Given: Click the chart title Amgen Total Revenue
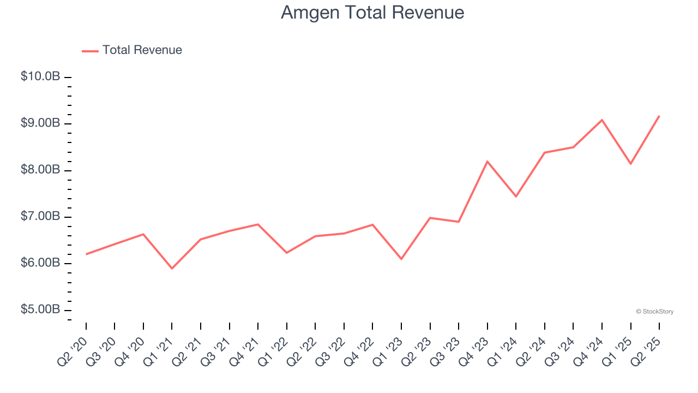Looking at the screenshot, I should [x=372, y=13].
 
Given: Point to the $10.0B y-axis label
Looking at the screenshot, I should [x=40, y=76].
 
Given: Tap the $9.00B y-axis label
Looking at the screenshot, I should [x=40, y=123].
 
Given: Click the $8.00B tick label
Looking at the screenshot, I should [x=40, y=170].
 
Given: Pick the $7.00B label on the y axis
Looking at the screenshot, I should [x=40, y=217].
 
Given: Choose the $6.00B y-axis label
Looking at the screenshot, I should [x=40, y=263].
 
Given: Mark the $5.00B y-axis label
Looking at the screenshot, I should [x=40, y=309].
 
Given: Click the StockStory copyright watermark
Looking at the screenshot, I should [x=654, y=312].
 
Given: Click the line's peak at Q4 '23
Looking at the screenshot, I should [x=487, y=162].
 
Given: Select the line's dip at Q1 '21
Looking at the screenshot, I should [x=172, y=269].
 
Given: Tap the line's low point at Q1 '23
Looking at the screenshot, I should [x=401, y=259].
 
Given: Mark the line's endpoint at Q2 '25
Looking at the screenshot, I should [x=659, y=116].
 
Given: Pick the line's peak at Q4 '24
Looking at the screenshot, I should [x=602, y=120].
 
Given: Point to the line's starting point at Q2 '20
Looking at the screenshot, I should [x=86, y=254].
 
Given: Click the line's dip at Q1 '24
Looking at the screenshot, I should [x=516, y=196].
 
